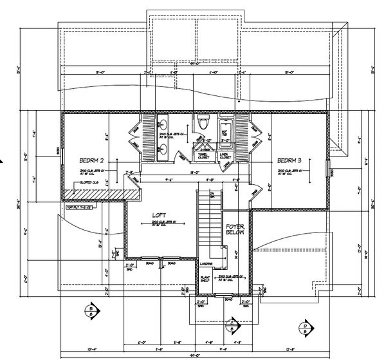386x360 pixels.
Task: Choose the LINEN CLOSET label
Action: (226, 156)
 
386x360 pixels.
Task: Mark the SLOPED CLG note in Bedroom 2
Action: (90, 183)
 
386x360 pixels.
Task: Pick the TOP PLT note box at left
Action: (80, 207)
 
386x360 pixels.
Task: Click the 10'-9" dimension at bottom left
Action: (71, 348)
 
